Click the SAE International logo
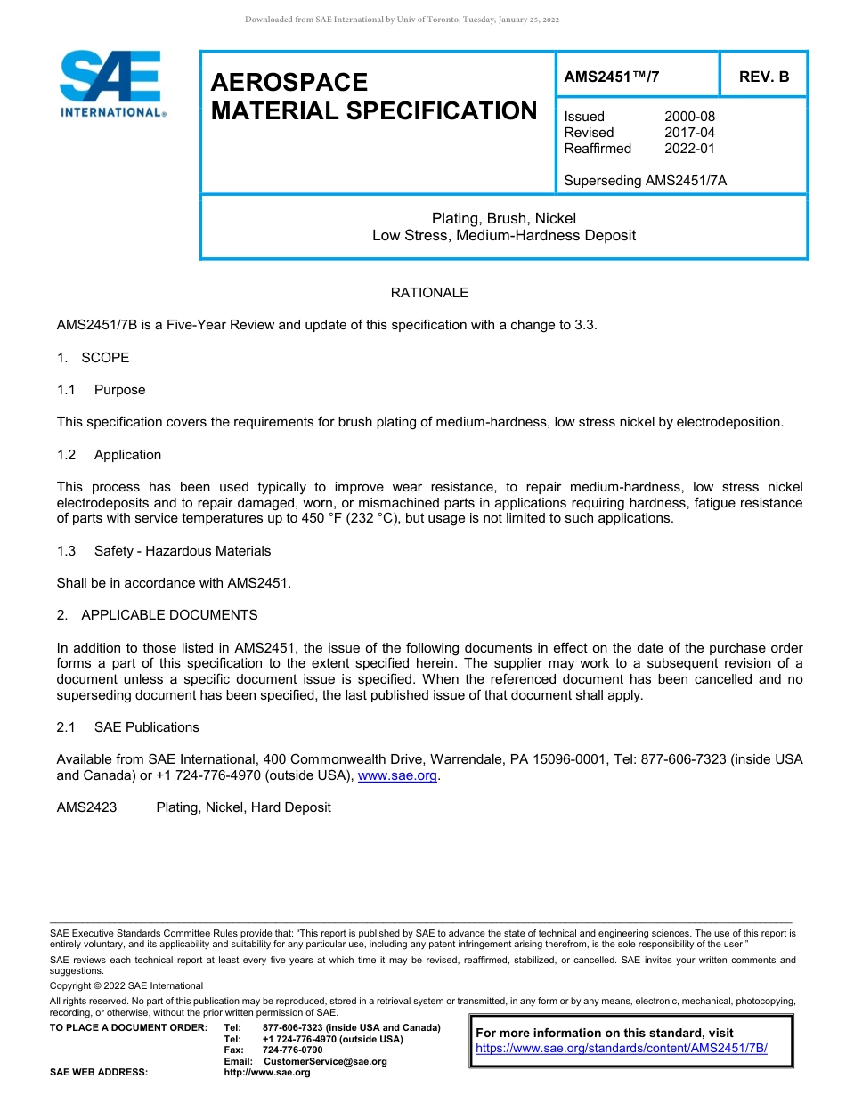click(x=111, y=85)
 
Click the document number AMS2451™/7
click(x=612, y=77)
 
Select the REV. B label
click(x=763, y=77)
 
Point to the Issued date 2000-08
click(x=689, y=117)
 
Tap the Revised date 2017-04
click(x=689, y=133)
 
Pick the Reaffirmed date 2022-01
click(x=689, y=149)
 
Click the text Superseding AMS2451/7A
click(x=645, y=181)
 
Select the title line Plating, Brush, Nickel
click(x=503, y=218)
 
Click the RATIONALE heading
click(x=429, y=293)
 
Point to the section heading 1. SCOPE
click(x=94, y=358)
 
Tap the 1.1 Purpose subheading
click(x=102, y=390)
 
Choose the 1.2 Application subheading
click(x=110, y=455)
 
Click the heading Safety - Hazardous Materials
click(x=183, y=551)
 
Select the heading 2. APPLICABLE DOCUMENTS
click(x=158, y=615)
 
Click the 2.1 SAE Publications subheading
click(x=128, y=727)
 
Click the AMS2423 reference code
click(x=86, y=807)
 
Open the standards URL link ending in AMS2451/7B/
click(x=621, y=1049)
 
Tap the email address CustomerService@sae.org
click(x=325, y=1061)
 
